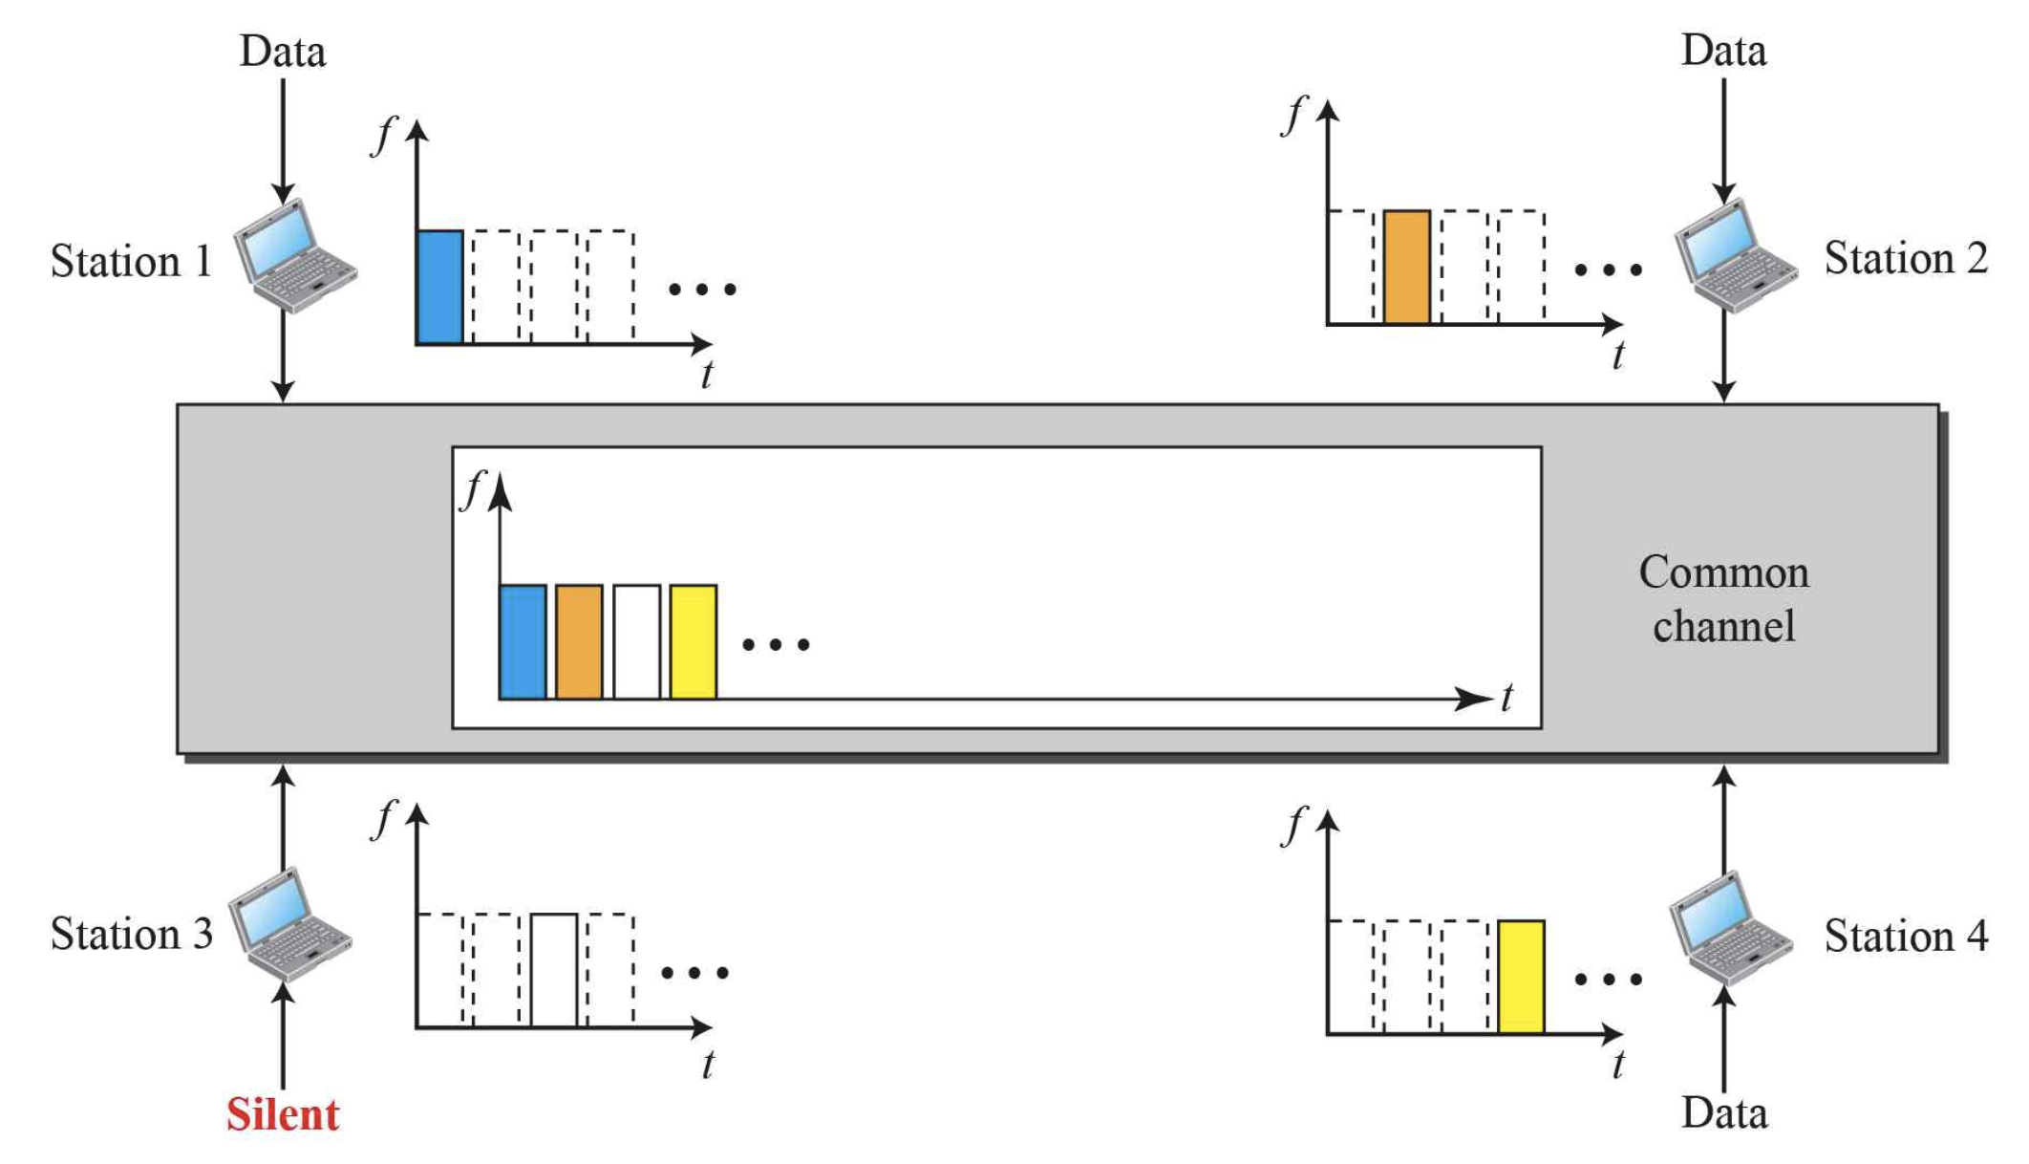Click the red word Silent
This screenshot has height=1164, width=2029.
[x=283, y=1114]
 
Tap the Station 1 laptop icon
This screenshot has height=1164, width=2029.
[x=294, y=255]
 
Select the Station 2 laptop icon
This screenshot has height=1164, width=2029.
[x=1735, y=255]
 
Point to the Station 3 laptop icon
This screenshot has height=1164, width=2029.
[x=288, y=925]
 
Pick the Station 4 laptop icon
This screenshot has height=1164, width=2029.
[x=1730, y=928]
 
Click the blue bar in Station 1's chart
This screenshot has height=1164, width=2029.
[x=439, y=287]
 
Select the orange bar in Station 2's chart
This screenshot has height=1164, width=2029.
[x=1406, y=267]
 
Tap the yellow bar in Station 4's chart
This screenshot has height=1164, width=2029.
[x=1521, y=977]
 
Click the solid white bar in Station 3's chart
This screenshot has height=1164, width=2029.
[x=554, y=970]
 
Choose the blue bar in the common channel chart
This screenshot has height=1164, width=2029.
[x=523, y=642]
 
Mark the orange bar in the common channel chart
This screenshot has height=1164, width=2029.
[x=579, y=642]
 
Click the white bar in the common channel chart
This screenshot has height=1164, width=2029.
[x=636, y=642]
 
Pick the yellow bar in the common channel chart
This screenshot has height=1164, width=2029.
[x=693, y=642]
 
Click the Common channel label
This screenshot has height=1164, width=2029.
[x=1723, y=599]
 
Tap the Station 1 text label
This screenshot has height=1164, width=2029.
[x=131, y=261]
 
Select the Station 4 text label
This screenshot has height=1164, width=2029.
[x=1906, y=936]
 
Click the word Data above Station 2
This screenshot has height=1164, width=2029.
[x=1723, y=51]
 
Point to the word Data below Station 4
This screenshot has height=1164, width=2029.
[x=1724, y=1113]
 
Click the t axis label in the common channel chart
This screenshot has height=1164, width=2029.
[x=1506, y=699]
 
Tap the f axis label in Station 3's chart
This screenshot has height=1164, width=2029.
[x=383, y=819]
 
